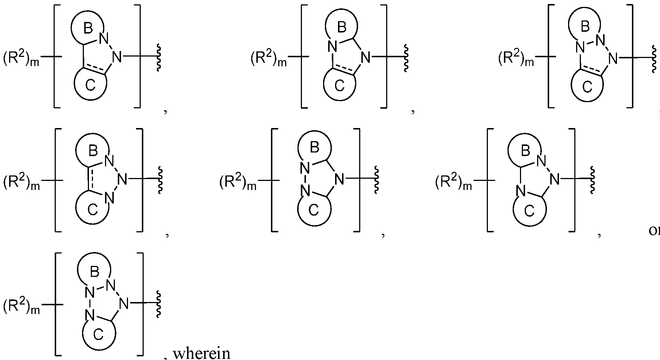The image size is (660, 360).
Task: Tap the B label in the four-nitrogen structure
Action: pos(94,271)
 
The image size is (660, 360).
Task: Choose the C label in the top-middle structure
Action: pos(339,86)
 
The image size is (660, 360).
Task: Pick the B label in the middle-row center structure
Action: pos(314,147)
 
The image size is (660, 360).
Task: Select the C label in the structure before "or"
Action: pos(529,210)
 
